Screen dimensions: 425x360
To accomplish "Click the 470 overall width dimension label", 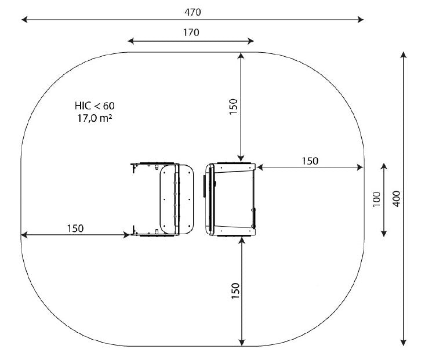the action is (x=192, y=12).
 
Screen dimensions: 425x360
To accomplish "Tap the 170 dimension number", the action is (x=191, y=32).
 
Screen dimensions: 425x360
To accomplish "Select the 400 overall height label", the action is (x=396, y=199).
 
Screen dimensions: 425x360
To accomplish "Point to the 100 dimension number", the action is (x=376, y=199).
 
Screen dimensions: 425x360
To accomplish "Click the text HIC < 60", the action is (x=95, y=106).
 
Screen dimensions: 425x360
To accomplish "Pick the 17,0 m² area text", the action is (x=95, y=118).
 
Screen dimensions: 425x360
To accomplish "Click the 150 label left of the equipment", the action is (x=75, y=228).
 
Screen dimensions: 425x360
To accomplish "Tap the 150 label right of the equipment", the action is (x=310, y=161).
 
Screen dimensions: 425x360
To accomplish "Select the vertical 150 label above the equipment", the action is (x=233, y=107).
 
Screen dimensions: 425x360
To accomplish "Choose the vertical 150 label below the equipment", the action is (x=235, y=291).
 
